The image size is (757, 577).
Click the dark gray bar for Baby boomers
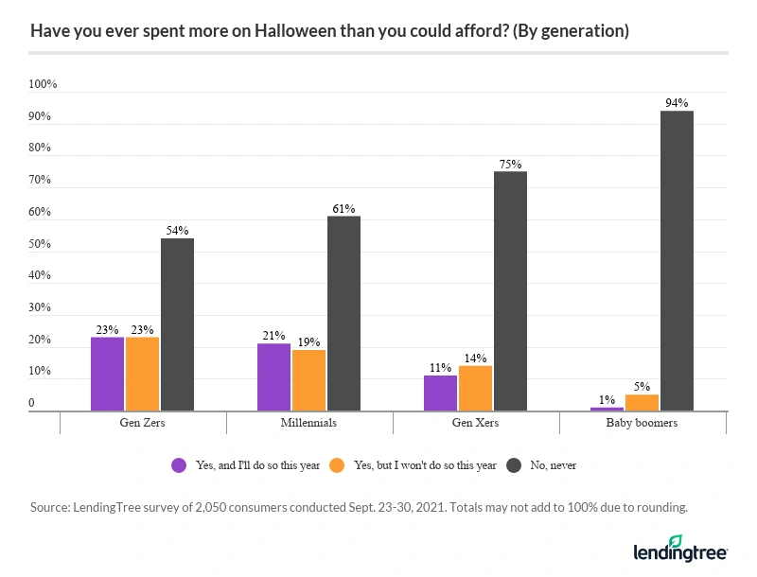coord(677,261)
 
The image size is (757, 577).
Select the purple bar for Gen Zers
coord(107,374)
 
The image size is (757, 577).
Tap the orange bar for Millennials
coord(308,380)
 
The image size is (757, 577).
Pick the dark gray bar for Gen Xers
coord(510,291)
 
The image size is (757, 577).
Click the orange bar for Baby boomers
coord(642,402)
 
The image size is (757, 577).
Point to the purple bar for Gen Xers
coord(440,393)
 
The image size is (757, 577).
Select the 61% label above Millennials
coord(343,208)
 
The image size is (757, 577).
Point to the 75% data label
coord(510,164)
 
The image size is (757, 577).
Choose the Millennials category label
coord(308,423)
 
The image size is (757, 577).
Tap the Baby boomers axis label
coord(642,423)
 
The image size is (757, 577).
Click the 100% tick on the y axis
coord(44,84)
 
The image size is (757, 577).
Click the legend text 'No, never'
coord(552,464)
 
